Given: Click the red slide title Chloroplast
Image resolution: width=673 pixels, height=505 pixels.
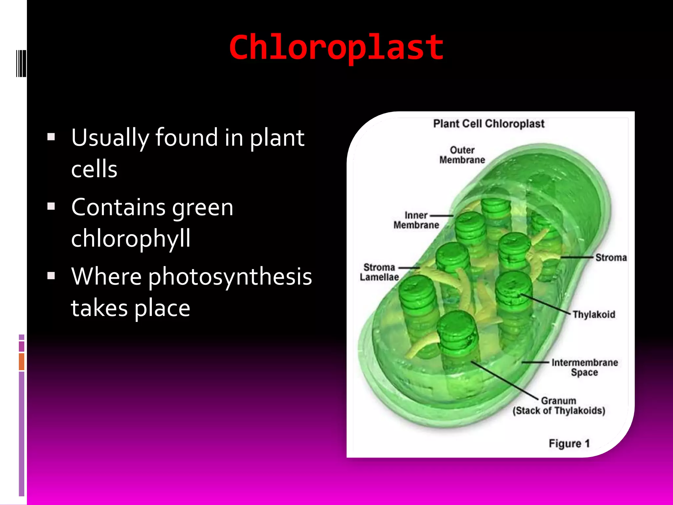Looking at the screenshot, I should [x=336, y=48].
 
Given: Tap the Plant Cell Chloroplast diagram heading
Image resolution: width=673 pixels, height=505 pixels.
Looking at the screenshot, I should [x=488, y=124].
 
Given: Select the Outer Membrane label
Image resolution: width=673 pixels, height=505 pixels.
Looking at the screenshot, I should [x=462, y=155].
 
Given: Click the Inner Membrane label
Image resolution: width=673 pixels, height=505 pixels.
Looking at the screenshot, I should [x=416, y=220].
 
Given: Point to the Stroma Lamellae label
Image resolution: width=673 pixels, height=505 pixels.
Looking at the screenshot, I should [x=379, y=272].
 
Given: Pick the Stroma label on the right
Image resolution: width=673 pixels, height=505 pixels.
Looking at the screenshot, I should [x=611, y=257].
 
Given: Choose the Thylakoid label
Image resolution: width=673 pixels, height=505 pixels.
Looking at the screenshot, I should [x=594, y=314].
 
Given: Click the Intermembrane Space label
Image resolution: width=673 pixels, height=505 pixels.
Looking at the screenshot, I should [x=585, y=367].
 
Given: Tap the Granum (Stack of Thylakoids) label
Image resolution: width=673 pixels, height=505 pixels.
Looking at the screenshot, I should [x=559, y=406].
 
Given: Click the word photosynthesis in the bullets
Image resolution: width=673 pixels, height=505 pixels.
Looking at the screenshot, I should [x=230, y=277].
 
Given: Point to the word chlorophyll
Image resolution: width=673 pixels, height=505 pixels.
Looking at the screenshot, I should [x=131, y=238].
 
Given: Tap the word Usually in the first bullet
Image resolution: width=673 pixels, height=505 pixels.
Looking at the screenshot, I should [x=110, y=137].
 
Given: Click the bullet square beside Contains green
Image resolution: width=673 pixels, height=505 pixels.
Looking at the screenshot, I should [x=51, y=206].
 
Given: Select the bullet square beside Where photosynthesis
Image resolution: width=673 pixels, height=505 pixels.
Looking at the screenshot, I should [x=51, y=275].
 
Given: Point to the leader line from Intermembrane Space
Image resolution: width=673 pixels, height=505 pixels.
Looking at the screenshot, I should [x=535, y=362].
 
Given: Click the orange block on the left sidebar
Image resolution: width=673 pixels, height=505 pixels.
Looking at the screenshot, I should [x=22, y=361].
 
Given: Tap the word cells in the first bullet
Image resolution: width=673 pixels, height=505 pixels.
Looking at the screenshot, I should [x=94, y=169].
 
